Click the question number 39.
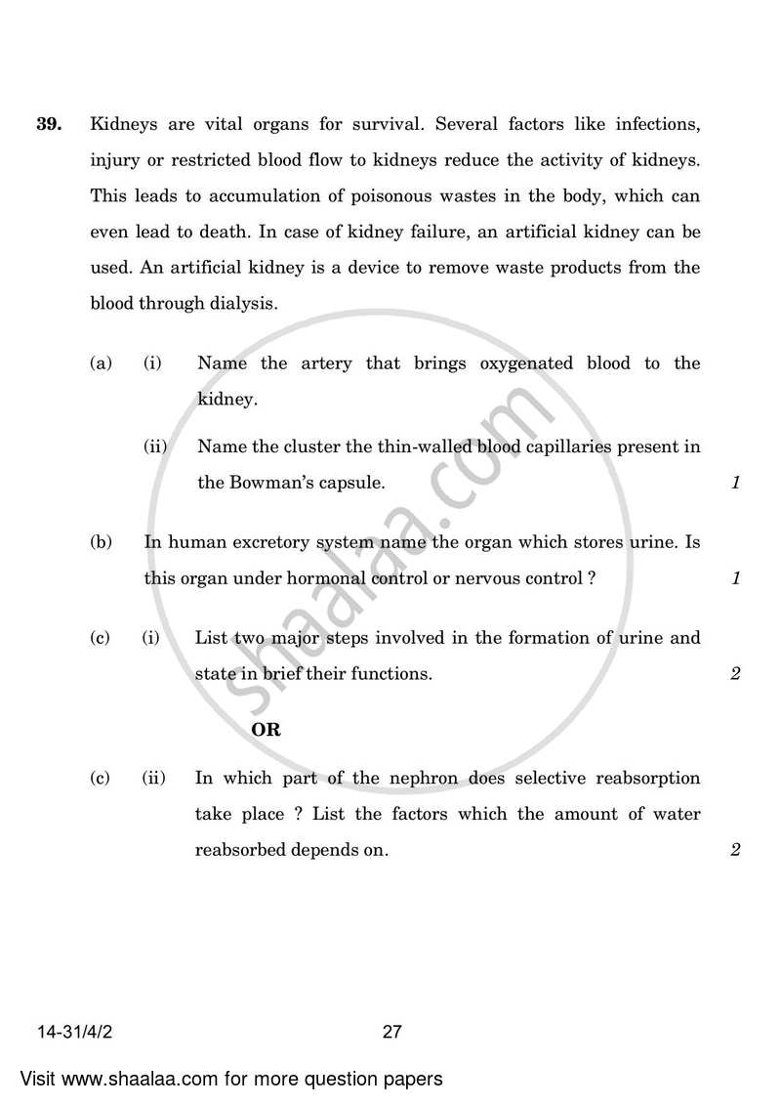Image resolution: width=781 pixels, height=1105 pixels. tap(50, 124)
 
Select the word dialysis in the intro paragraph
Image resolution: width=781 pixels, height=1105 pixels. tap(243, 303)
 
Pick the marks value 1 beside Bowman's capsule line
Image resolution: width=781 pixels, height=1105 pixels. tap(735, 483)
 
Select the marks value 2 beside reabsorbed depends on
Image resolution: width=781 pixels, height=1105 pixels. tap(735, 850)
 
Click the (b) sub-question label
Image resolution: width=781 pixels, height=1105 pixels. tap(101, 542)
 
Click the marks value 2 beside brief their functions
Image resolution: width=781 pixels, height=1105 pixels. tap(735, 674)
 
